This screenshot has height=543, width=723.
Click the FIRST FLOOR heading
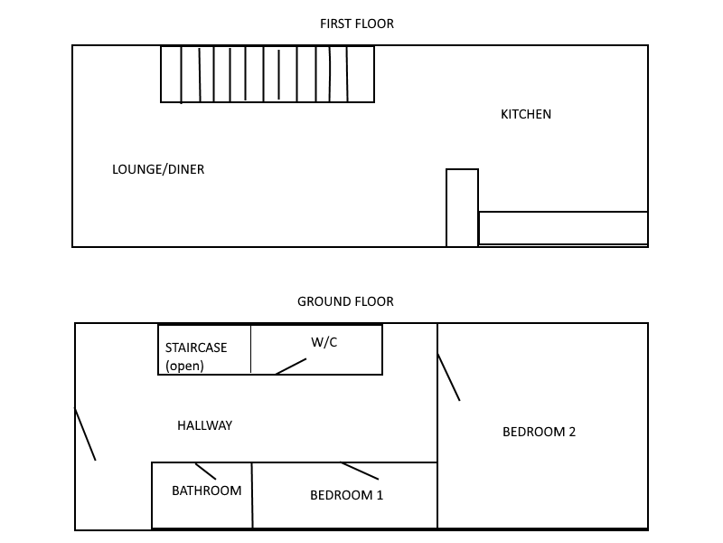[x=357, y=24]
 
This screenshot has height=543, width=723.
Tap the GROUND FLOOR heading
[x=345, y=301]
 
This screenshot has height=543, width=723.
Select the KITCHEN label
[x=526, y=114]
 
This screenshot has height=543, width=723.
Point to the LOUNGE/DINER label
[x=158, y=169]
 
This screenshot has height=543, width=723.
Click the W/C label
[x=324, y=342]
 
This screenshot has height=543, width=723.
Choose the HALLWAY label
[x=205, y=425]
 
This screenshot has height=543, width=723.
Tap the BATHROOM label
[x=207, y=491]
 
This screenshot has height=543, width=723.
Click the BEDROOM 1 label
[x=347, y=495]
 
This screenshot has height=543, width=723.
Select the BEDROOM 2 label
[x=539, y=432]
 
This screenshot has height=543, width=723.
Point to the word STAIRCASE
[x=196, y=348]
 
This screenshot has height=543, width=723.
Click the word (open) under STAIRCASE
[x=184, y=366]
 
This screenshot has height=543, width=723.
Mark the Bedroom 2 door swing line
[x=448, y=377]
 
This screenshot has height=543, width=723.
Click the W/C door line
[x=290, y=367]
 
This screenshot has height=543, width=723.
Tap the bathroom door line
[x=205, y=472]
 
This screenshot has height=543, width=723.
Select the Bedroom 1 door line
[x=360, y=471]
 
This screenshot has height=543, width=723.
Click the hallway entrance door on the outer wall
[x=85, y=434]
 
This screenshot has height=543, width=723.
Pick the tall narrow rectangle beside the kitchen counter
[x=462, y=208]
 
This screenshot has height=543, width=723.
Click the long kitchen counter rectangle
[x=563, y=228]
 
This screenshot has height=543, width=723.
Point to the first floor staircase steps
[x=268, y=74]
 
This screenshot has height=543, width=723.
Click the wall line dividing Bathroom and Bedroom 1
[x=252, y=495]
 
